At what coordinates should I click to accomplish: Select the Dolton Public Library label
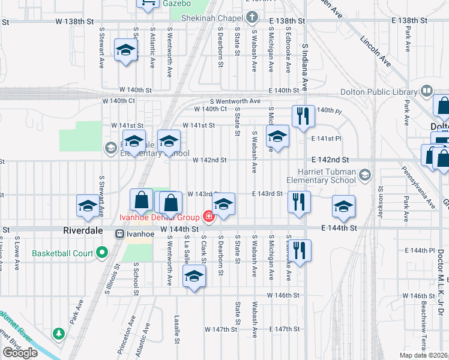pyautogui.click(x=379, y=92)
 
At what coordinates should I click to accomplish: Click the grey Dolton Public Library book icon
pyautogui.click(x=426, y=91)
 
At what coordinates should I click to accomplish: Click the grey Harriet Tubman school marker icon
pyautogui.click(x=366, y=175)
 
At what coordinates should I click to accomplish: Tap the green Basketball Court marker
pyautogui.click(x=102, y=253)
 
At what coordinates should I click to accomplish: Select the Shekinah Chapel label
pyautogui.click(x=217, y=18)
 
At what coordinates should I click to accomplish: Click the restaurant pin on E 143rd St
pyautogui.click(x=298, y=202)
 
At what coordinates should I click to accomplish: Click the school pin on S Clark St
pyautogui.click(x=194, y=276)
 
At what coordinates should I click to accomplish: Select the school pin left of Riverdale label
pyautogui.click(x=88, y=206)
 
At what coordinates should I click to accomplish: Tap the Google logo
pyautogui.click(x=20, y=353)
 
